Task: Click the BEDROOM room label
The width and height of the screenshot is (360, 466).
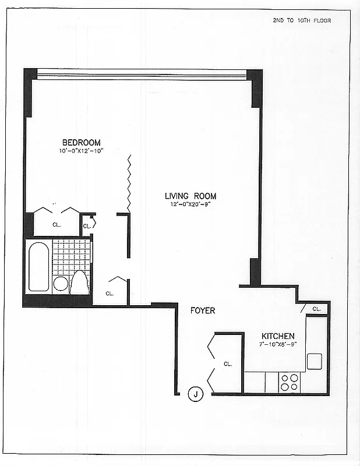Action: pos(82,143)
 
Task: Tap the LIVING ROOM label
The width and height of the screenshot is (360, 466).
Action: pos(190,196)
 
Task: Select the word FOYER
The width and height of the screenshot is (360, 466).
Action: pos(203,310)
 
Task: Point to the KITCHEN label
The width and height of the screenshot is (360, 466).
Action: pos(278,336)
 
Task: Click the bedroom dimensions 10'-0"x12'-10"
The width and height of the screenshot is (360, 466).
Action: pos(81,151)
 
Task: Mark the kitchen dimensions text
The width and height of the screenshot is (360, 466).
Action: pos(278,345)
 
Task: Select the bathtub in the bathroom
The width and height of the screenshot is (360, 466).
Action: pos(39,266)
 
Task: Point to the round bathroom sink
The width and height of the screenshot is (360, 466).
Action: pos(61,284)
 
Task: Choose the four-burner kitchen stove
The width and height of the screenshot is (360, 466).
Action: pos(290,382)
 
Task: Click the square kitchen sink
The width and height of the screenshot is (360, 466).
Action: pos(315,361)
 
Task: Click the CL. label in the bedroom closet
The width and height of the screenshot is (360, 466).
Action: pos(57,223)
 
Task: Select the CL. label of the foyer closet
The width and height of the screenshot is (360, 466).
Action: pos(228,363)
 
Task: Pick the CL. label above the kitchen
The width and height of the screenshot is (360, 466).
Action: pos(316,309)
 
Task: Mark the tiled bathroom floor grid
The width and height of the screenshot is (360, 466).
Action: pos(71,256)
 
